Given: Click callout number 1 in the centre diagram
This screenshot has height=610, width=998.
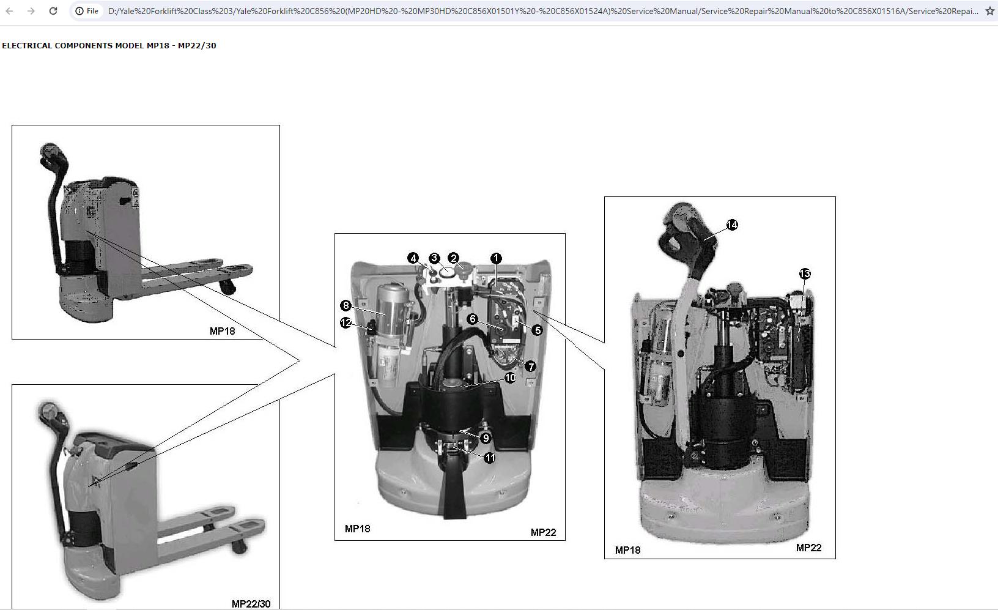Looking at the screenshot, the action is point(496,258).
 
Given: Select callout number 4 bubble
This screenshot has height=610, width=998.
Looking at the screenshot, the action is point(413,258).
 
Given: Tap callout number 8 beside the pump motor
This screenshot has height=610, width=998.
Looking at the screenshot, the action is point(346,305).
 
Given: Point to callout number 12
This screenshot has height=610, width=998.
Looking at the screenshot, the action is point(346,322).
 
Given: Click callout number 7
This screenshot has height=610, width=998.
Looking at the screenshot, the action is point(530,366).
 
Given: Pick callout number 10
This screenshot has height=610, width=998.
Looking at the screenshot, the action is point(510,378).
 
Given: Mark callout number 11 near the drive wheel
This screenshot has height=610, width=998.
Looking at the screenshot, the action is point(490,458).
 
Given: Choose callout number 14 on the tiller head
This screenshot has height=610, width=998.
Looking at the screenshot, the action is point(732,225).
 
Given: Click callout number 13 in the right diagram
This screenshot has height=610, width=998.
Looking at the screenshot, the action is point(805,273).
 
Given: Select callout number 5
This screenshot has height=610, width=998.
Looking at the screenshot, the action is point(538,330).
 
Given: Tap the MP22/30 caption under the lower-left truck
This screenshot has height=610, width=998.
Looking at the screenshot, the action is point(251,604).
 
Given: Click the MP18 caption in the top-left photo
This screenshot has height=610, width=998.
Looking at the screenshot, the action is point(223,331).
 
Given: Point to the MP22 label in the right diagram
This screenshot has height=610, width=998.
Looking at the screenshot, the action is point(808,548).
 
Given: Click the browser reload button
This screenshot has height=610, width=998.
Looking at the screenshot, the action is point(53,10).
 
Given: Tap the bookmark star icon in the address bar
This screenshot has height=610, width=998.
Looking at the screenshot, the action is point(989,10).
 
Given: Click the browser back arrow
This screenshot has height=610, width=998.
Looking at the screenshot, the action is point(9,10).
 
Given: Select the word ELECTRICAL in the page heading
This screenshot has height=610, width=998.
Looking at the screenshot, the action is point(27,45).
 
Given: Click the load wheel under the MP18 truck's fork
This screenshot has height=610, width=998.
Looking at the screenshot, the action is point(227,288).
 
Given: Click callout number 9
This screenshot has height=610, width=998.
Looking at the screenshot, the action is point(486,438).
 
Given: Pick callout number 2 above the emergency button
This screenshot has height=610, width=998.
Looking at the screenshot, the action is point(454,258).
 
